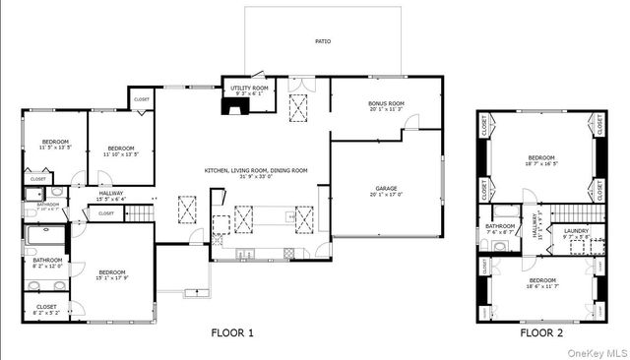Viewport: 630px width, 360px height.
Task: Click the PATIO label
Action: [323, 42]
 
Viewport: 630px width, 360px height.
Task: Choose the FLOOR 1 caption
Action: [232, 333]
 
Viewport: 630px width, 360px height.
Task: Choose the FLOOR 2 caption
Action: [541, 333]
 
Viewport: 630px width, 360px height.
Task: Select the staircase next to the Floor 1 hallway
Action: [145, 211]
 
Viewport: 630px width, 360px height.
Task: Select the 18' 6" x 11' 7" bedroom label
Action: [541, 282]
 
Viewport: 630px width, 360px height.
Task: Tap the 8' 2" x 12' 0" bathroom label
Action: [47, 263]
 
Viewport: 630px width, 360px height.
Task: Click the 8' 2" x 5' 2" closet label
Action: [47, 309]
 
